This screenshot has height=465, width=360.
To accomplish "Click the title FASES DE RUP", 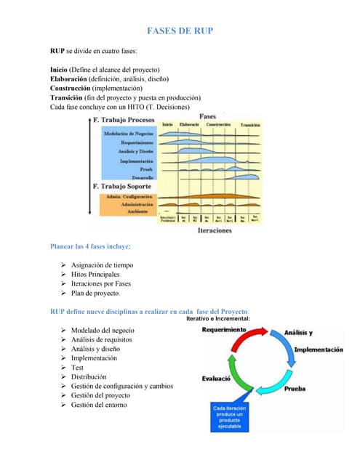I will pyautogui.click(x=180, y=31).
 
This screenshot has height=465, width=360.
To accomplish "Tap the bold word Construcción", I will pyautogui.click(x=70, y=88).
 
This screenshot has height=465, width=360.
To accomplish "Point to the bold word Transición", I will pyautogui.click(x=65, y=97).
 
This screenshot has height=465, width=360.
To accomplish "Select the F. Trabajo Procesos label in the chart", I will pyautogui.click(x=124, y=119).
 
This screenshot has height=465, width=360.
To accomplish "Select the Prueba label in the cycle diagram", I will pyautogui.click(x=295, y=389).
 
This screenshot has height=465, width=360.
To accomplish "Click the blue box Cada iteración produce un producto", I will pyautogui.click(x=231, y=417).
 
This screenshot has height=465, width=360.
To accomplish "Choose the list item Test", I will pyautogui.click(x=77, y=368).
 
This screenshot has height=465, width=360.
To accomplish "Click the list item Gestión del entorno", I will pyautogui.click(x=98, y=405).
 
